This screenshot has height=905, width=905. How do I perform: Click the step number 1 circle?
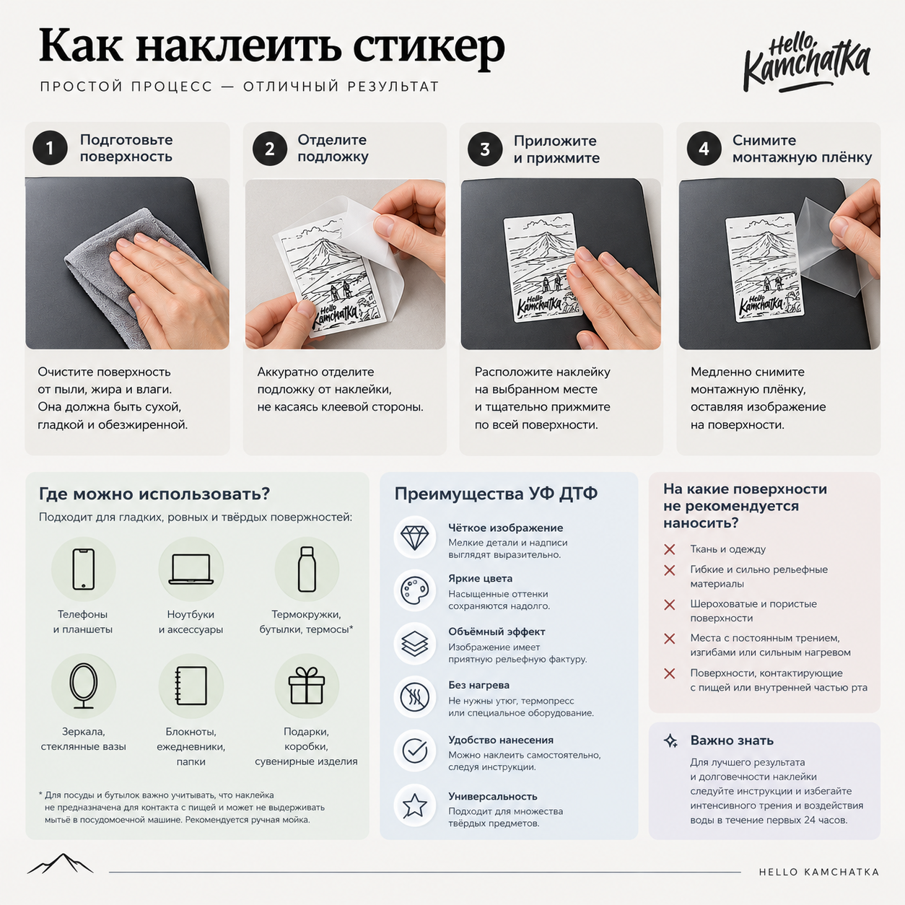pos(50,148)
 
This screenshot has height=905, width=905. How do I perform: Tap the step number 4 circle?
pos(704,149)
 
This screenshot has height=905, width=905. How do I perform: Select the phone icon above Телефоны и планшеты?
pos(84,569)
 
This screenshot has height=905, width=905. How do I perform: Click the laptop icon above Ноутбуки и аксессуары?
pos(191,569)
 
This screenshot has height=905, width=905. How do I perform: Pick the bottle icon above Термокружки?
pos(307,569)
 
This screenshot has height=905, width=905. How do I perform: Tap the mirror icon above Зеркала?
pos(84,686)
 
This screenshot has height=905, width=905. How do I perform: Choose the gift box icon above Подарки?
pos(307,686)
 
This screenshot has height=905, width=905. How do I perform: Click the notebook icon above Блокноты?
pos(191,686)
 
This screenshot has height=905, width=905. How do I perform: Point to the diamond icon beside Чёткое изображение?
pos(414,537)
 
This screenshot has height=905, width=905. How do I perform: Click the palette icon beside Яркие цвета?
pos(414,590)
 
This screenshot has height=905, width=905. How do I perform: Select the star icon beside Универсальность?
pos(414,806)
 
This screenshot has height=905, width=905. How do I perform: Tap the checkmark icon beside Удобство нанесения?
pos(414,751)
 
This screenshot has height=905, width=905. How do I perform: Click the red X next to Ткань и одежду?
pos(669,549)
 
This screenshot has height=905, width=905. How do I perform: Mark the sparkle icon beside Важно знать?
pos(670,740)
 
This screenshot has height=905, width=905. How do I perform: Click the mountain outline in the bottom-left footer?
pos(60,864)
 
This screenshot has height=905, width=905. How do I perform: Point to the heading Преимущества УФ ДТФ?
pos(496,494)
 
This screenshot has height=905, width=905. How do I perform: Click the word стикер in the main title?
pos(429,48)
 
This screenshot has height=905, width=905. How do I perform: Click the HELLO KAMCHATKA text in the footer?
pos(818,872)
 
